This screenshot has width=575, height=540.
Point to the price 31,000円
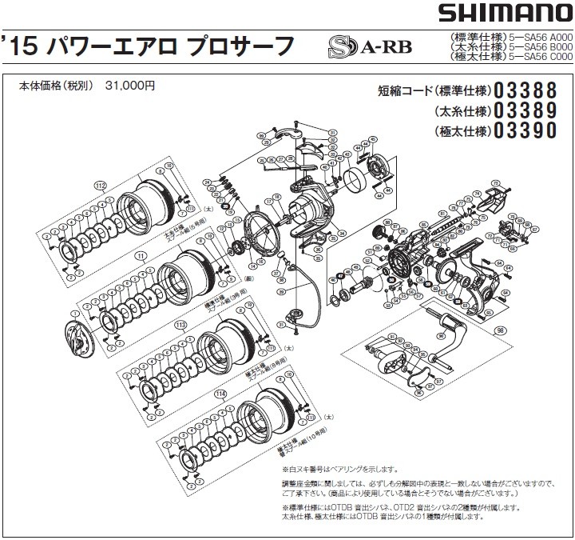tap(130, 85)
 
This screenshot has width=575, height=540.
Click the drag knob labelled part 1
tap(80, 336)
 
